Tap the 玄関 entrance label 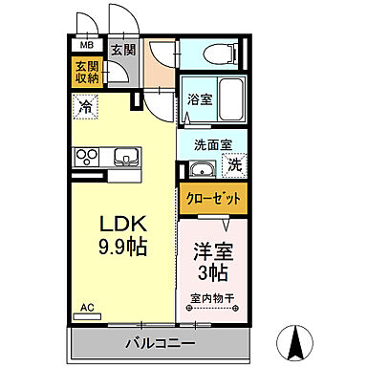(120, 51)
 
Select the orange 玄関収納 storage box (87, 73)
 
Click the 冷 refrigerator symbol (86, 109)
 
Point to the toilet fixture (211, 52)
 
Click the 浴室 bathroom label (199, 98)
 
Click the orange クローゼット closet (211, 200)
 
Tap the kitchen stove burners (87, 157)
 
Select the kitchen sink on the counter (125, 157)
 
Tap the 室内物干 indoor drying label (211, 298)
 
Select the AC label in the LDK (87, 307)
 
